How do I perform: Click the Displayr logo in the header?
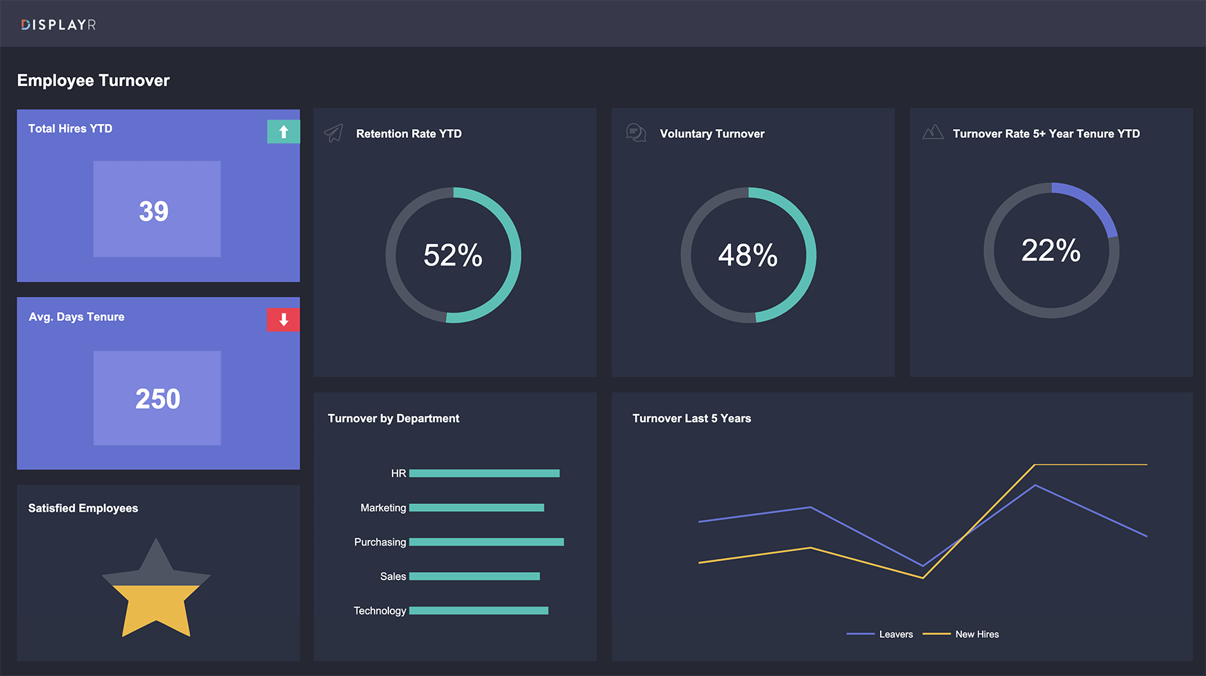(x=58, y=25)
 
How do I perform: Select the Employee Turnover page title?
(x=94, y=80)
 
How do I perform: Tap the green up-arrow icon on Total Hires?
(x=284, y=132)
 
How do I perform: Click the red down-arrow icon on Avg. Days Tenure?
(x=284, y=320)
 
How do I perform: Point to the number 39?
(x=154, y=211)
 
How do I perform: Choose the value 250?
(x=157, y=399)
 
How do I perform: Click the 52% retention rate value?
(x=453, y=255)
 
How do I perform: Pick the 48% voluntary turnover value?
(x=748, y=255)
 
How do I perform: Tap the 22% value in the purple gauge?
(x=1051, y=250)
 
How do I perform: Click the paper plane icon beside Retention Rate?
(x=334, y=133)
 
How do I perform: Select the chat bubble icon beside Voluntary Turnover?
(x=636, y=132)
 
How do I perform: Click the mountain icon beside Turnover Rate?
(x=933, y=132)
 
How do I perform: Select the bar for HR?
(x=484, y=474)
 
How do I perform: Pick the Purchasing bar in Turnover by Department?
(x=486, y=542)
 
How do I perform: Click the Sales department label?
(x=393, y=576)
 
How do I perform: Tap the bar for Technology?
(x=479, y=611)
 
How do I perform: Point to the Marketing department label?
(x=383, y=508)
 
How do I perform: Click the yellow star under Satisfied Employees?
(x=156, y=603)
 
